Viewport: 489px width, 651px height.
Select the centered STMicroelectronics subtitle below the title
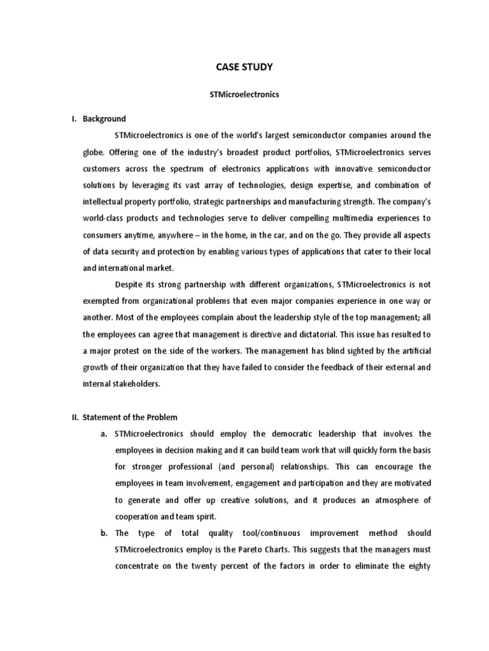(245, 94)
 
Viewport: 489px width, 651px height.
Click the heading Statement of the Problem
(132, 418)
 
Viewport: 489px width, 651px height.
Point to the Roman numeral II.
(74, 418)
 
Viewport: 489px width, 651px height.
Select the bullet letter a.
(103, 434)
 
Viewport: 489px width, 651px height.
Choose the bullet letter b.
(103, 533)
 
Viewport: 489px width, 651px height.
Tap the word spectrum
(186, 168)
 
